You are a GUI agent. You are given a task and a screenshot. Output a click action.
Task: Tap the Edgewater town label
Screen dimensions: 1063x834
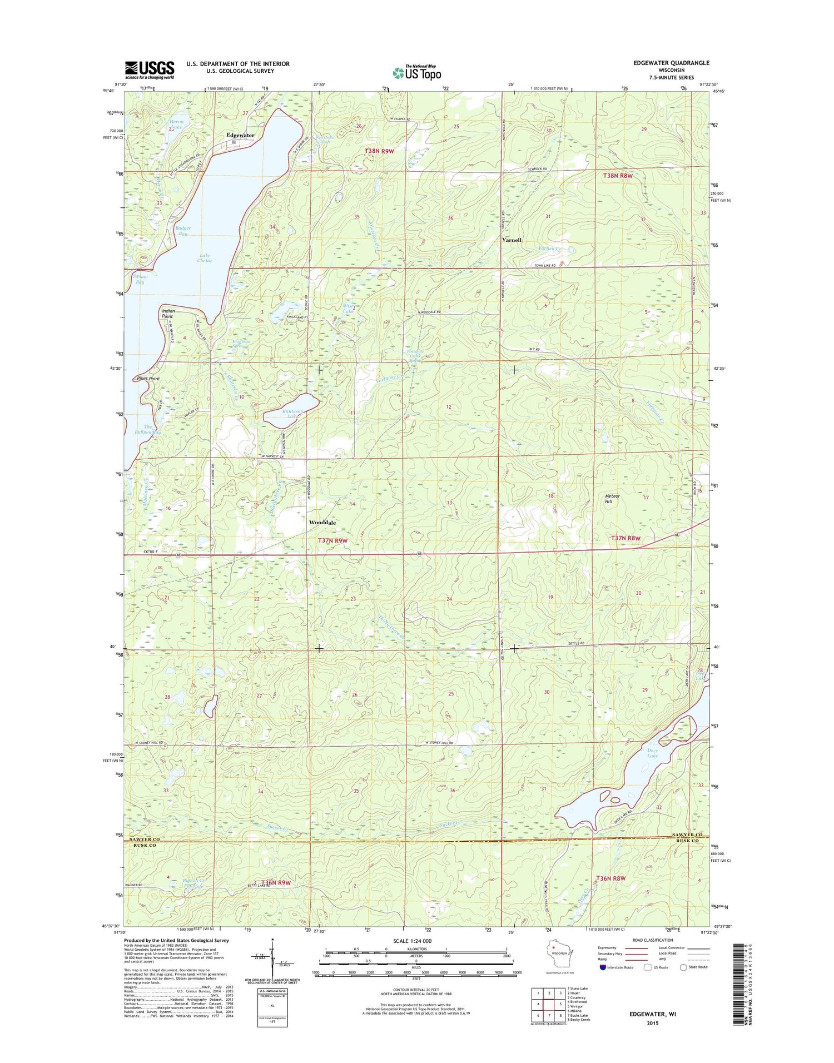pyautogui.click(x=240, y=135)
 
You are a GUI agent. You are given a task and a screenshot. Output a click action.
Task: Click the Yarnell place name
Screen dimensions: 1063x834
pyautogui.click(x=512, y=240)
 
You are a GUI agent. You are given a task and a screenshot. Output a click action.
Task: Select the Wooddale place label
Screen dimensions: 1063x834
pyautogui.click(x=322, y=523)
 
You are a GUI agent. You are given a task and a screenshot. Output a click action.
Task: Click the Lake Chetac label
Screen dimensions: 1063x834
pyautogui.click(x=205, y=258)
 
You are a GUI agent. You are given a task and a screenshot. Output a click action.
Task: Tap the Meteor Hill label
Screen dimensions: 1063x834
pyautogui.click(x=612, y=498)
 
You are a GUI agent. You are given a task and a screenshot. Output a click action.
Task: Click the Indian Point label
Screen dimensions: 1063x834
pyautogui.click(x=168, y=314)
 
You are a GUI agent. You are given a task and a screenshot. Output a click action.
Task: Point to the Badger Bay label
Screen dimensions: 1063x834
pyautogui.click(x=183, y=231)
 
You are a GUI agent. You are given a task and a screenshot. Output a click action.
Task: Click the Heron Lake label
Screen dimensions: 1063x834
pyautogui.click(x=176, y=125)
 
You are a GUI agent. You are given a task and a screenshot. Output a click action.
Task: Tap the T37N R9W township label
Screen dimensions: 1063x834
pyautogui.click(x=332, y=540)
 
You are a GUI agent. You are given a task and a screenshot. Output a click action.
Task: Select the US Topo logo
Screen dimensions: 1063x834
pyautogui.click(x=417, y=72)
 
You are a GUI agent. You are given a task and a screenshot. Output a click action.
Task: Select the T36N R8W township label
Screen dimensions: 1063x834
pyautogui.click(x=610, y=878)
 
